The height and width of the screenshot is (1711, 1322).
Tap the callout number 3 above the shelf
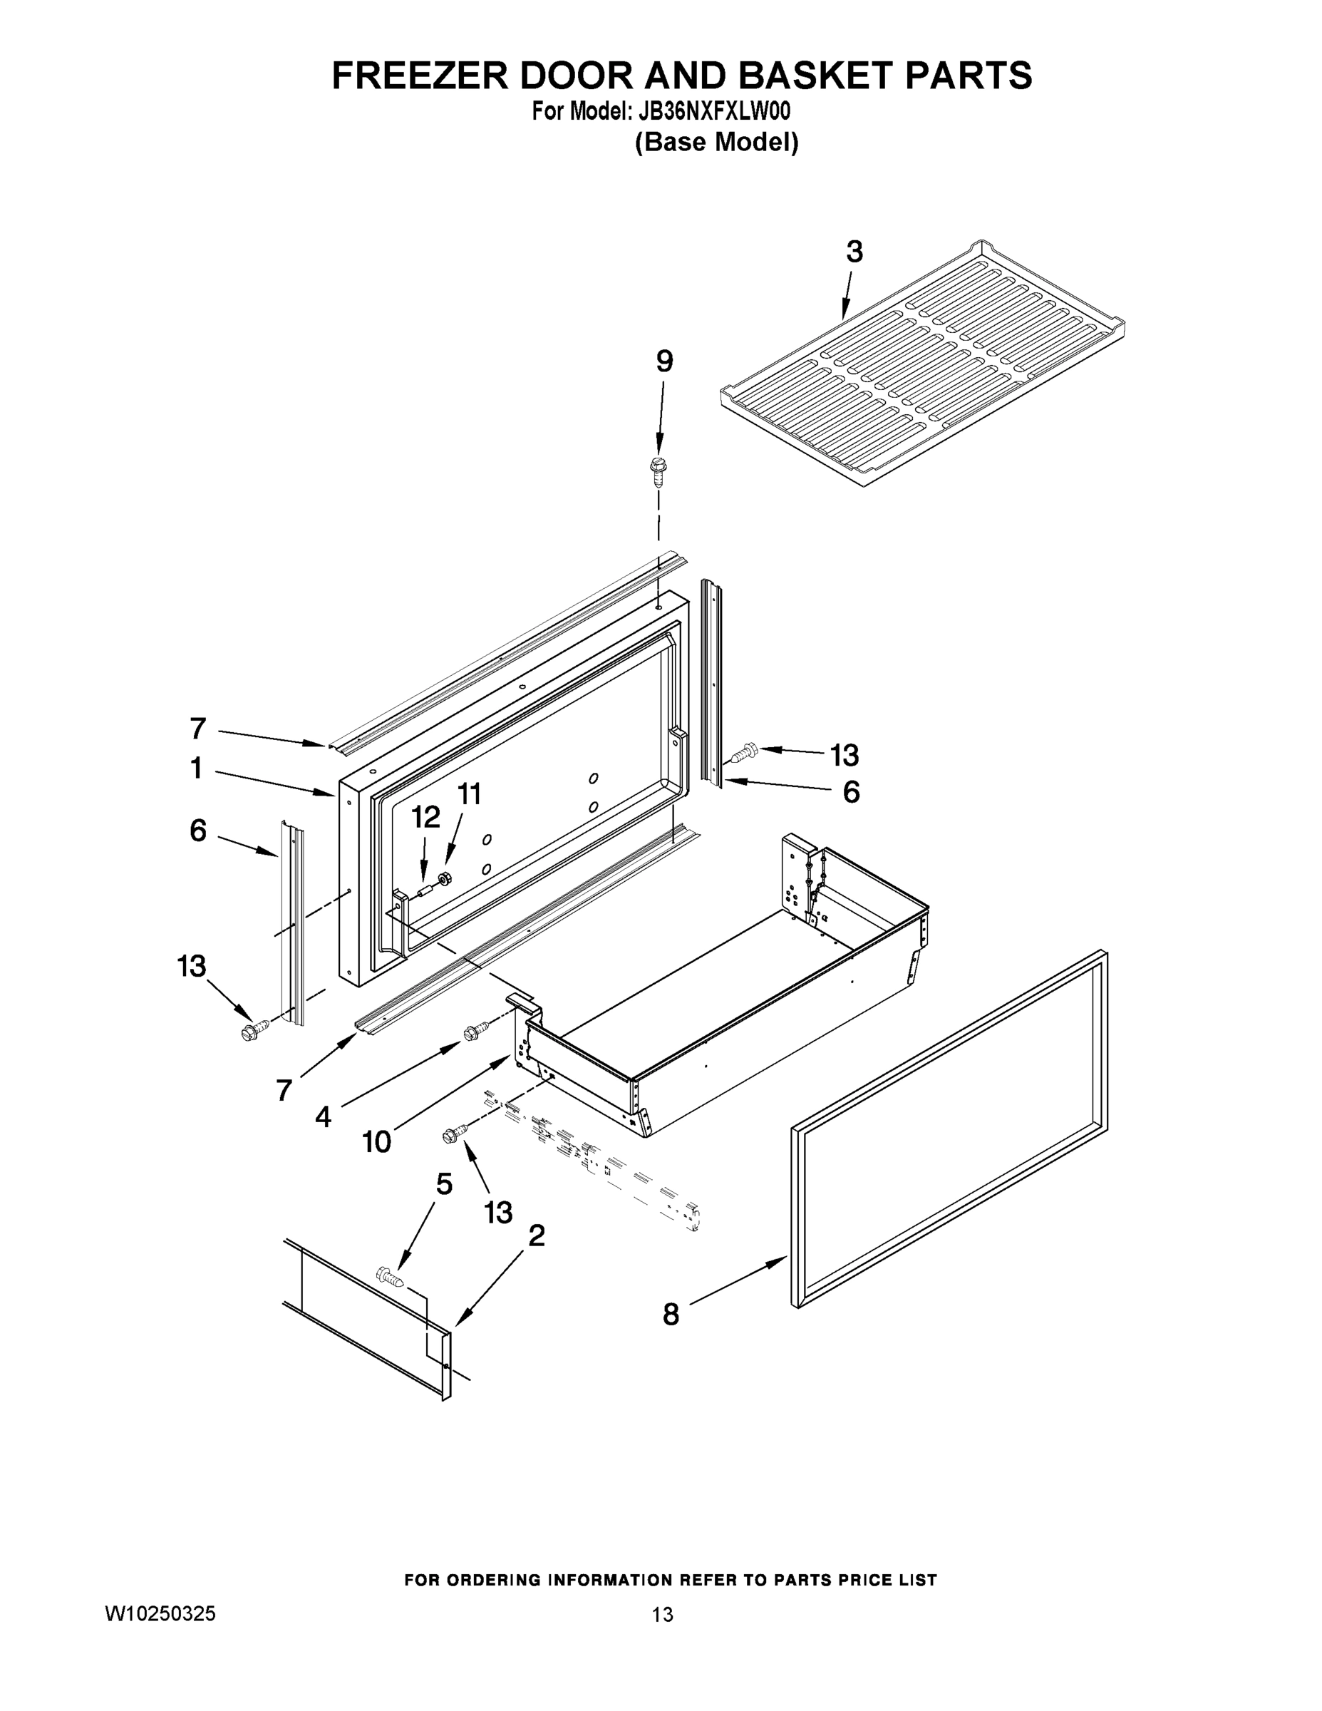pyautogui.click(x=854, y=252)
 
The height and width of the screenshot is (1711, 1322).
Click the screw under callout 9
pyautogui.click(x=657, y=470)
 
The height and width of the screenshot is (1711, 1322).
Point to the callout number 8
pyautogui.click(x=671, y=1314)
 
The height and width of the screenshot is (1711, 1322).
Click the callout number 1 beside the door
pyautogui.click(x=197, y=769)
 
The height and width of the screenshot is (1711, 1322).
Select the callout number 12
pyautogui.click(x=425, y=817)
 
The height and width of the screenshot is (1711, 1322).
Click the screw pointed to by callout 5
pyautogui.click(x=391, y=1277)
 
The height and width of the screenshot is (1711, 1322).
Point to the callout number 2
pyautogui.click(x=537, y=1235)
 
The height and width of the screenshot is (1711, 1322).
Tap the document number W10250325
pyautogui.click(x=160, y=1614)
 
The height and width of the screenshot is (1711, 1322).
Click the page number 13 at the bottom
pyautogui.click(x=662, y=1615)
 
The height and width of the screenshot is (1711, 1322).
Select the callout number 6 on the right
pyautogui.click(x=852, y=792)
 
